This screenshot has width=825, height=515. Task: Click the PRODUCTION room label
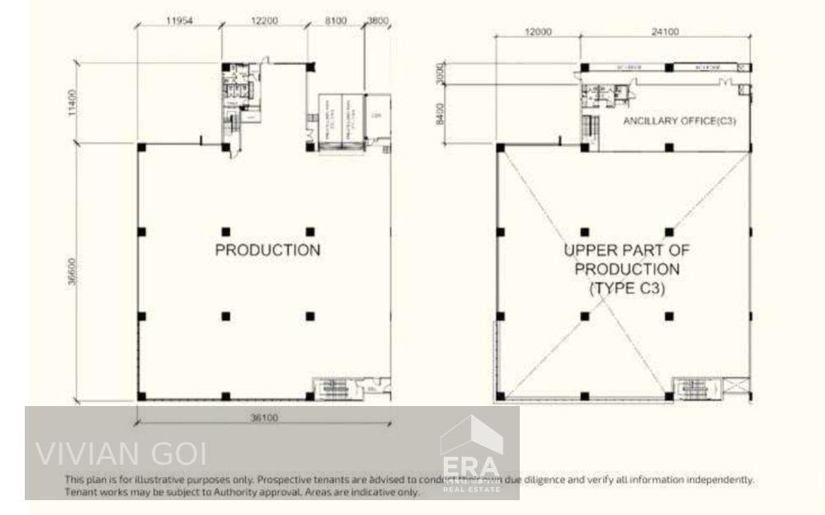[x=267, y=250]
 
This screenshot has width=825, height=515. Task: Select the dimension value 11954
[x=179, y=23]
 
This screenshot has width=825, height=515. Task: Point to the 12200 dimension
[x=263, y=23]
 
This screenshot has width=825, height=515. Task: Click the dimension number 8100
[x=335, y=23]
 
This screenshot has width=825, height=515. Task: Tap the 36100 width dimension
[x=263, y=418]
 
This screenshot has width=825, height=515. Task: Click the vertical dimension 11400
[x=73, y=105]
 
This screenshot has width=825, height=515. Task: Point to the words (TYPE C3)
[x=626, y=289]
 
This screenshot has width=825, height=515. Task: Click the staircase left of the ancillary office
[x=589, y=128]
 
